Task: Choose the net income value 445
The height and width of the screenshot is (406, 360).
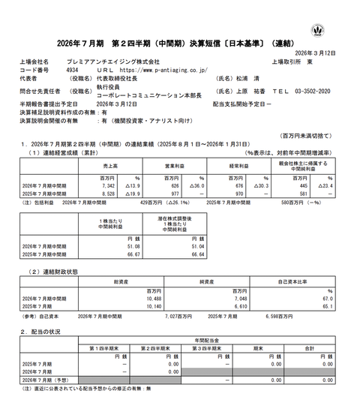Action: [x=302, y=185]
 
